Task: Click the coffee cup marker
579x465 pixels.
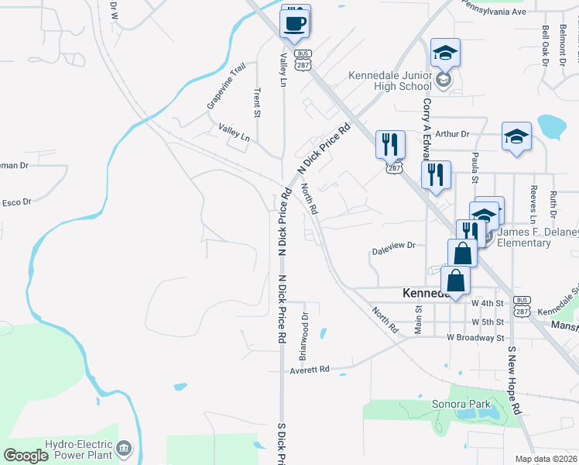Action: coord(295,22)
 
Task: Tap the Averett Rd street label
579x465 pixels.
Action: coord(310,370)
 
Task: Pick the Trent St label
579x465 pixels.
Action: coord(257,102)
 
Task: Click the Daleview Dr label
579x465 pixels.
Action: coord(394,245)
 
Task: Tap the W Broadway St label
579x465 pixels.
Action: coord(475,338)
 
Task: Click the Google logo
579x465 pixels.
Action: coord(26,456)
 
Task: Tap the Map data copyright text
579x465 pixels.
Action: coord(546,459)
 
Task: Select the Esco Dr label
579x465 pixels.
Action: coord(15,202)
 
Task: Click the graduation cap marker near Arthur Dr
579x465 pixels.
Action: coord(516,138)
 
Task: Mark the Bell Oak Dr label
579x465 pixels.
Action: coord(545,46)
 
